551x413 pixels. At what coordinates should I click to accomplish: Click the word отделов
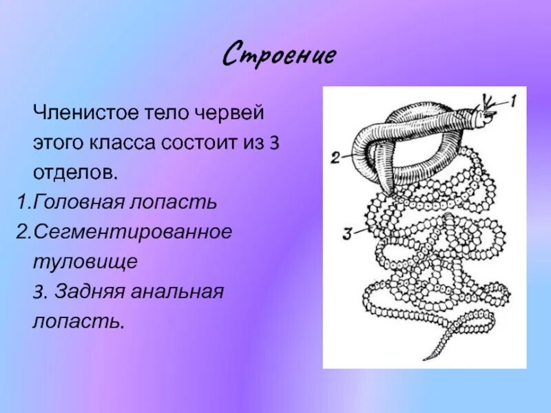tap(75, 172)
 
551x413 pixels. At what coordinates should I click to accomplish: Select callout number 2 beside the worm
tap(335, 158)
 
